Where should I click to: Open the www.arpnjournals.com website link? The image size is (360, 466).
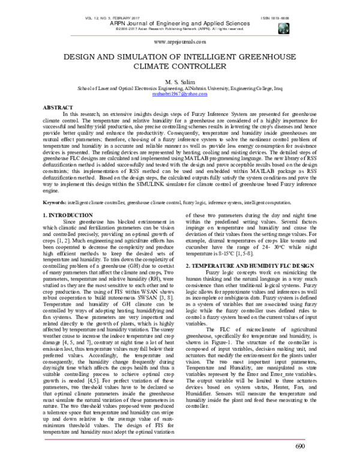click(180, 43)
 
